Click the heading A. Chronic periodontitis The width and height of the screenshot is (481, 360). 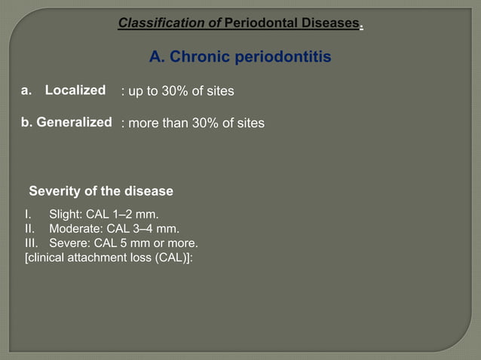tap(240, 57)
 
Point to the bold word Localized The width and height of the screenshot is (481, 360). tap(75, 90)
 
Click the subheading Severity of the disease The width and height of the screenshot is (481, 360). tap(101, 191)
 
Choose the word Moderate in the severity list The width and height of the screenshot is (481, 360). tap(74, 229)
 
